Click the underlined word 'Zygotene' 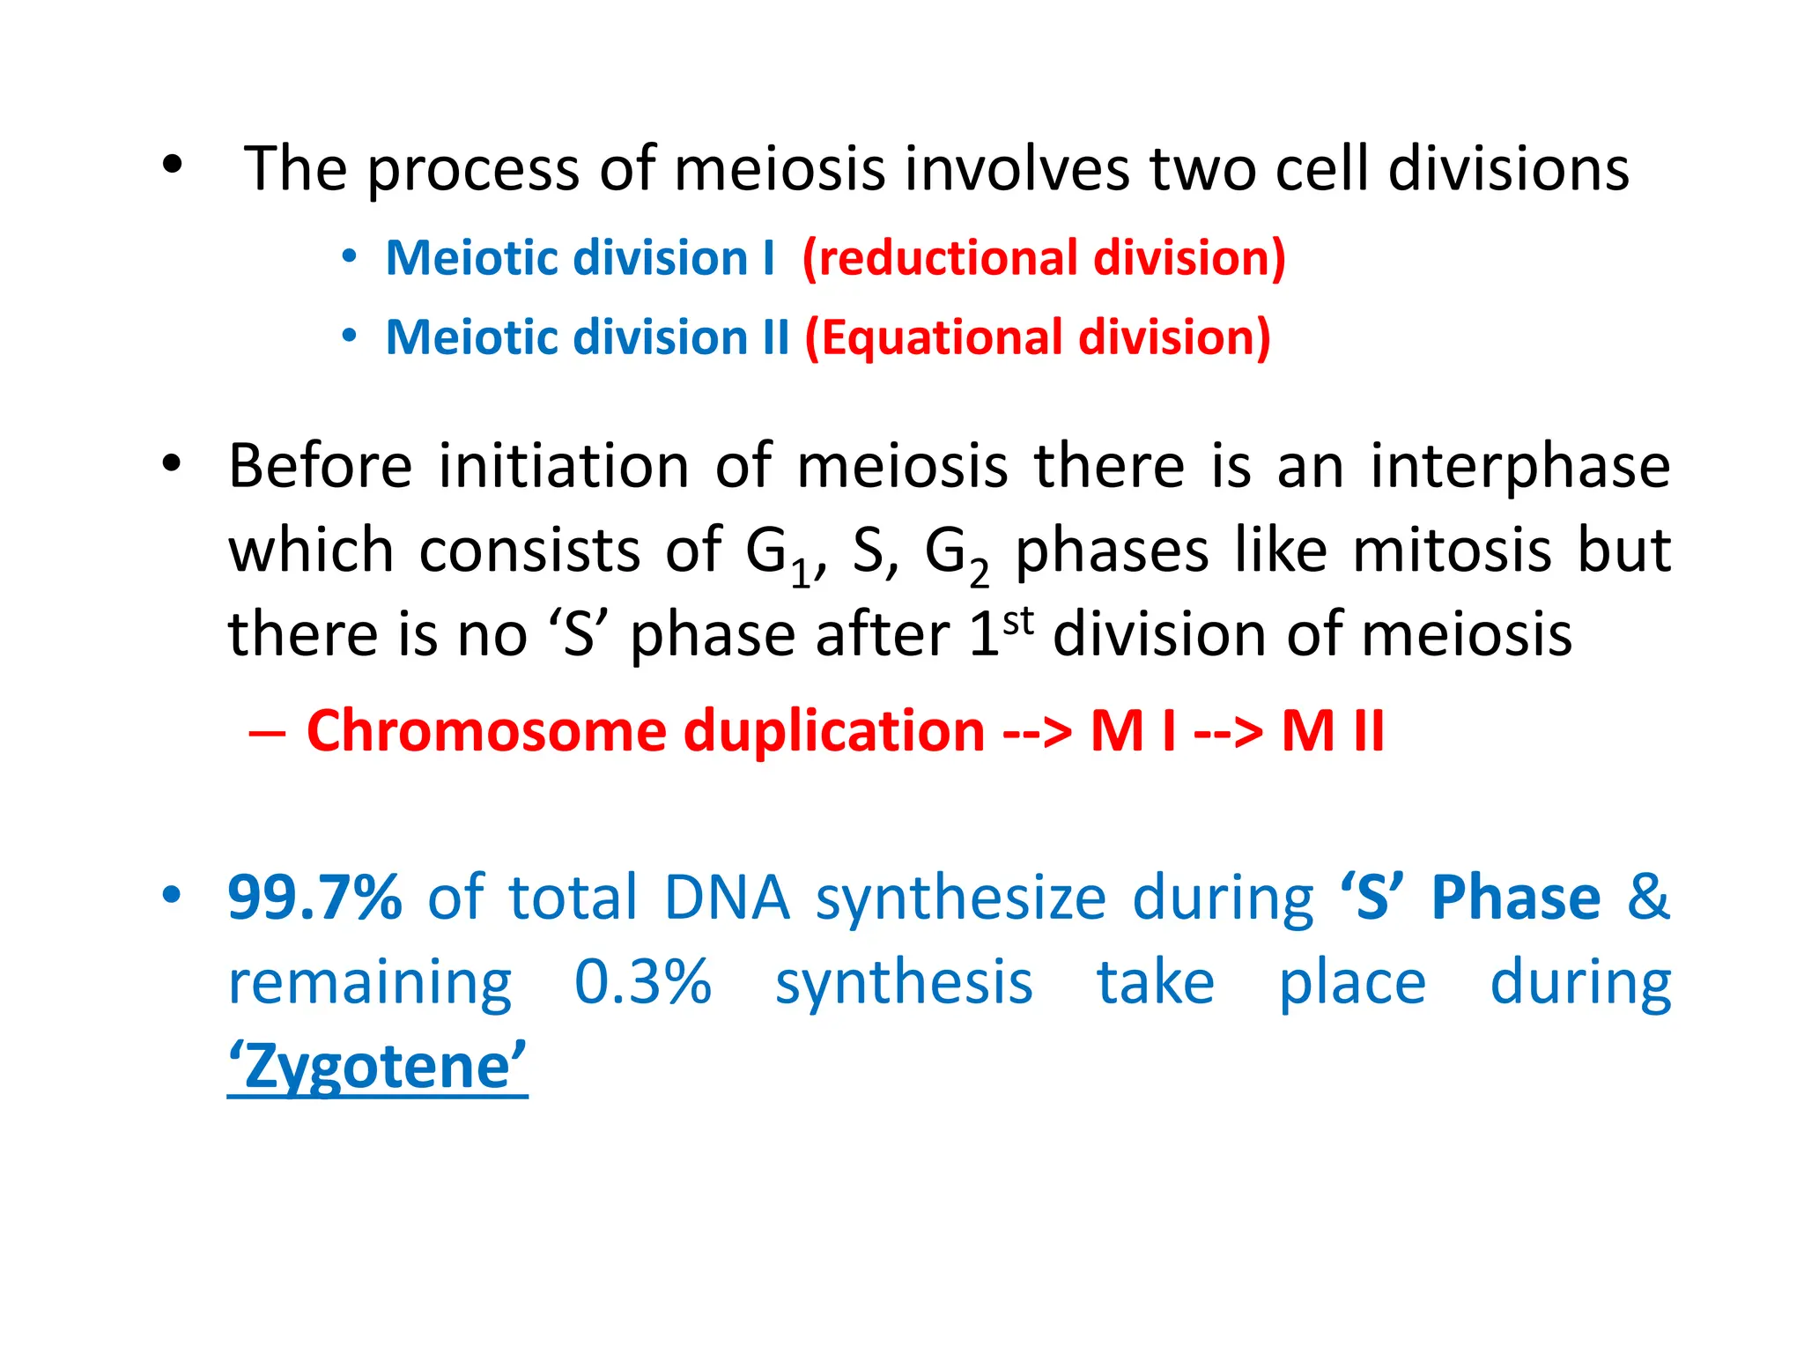click(377, 1067)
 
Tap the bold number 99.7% click(314, 898)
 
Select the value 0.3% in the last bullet click(642, 982)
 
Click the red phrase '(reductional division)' click(1044, 259)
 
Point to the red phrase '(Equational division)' click(1037, 338)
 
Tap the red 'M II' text click(1333, 731)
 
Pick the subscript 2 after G click(979, 574)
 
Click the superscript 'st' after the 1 click(1018, 621)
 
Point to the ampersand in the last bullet click(1647, 898)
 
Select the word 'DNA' click(727, 898)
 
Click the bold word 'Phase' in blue click(1515, 898)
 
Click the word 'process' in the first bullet click(473, 171)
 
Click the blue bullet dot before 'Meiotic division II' click(350, 336)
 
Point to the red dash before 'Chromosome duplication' click(266, 733)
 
